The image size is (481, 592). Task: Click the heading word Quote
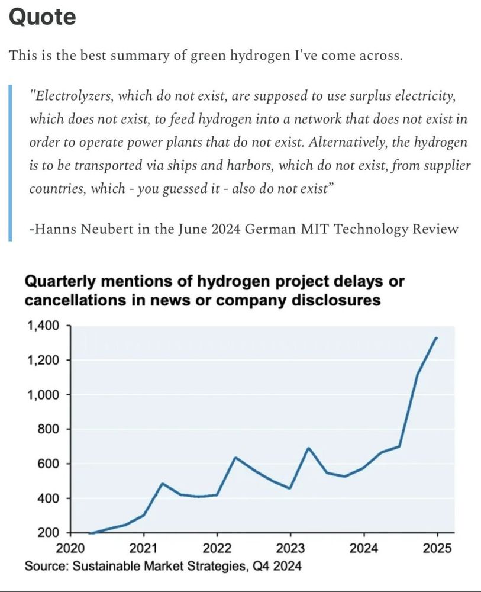point(43,17)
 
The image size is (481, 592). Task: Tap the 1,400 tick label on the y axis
point(43,326)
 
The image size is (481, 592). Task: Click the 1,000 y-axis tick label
point(43,394)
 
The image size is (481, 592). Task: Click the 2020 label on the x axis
point(71,547)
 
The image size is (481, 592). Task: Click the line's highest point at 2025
point(437,338)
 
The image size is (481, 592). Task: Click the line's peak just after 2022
point(235,458)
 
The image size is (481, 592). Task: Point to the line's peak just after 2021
point(162,484)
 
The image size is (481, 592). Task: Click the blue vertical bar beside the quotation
point(11,163)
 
